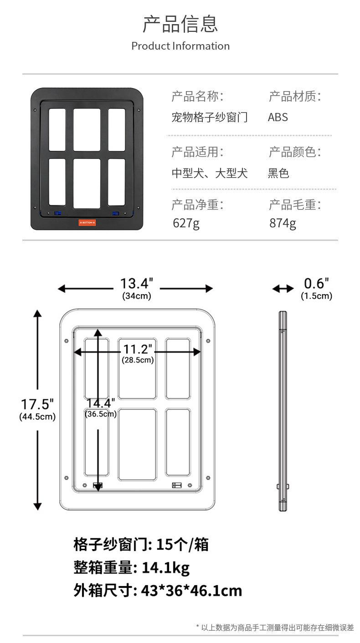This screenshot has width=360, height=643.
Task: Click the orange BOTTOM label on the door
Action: click(87, 223)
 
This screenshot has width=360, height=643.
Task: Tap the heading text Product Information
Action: click(180, 46)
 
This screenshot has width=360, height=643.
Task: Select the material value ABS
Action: click(278, 117)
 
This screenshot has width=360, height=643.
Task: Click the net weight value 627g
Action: click(186, 223)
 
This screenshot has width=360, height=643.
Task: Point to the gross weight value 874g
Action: click(283, 223)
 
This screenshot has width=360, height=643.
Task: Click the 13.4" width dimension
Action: click(136, 283)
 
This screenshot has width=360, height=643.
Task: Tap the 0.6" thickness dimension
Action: click(316, 283)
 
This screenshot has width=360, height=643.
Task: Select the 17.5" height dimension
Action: click(37, 404)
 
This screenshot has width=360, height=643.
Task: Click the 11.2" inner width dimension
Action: click(138, 349)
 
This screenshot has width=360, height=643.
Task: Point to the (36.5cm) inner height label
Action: click(101, 413)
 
